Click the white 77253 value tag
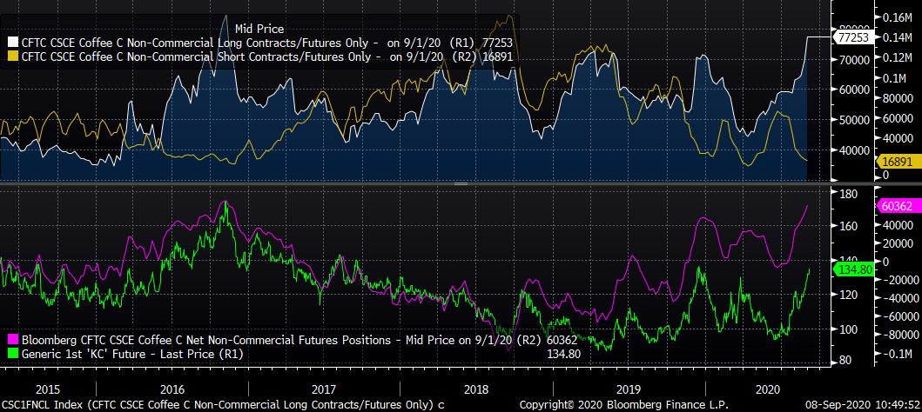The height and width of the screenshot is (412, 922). pos(852,37)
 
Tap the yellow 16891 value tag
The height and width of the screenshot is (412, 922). pos(852,161)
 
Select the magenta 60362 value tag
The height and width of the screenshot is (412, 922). pos(852,207)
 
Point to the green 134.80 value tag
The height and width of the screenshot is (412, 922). pos(852,269)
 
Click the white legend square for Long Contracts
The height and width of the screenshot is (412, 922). pos(12,42)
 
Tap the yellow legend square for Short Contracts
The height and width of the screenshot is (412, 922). pos(12,57)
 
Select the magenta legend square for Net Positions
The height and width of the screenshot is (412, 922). pos(12,339)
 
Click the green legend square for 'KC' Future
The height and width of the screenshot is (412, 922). pos(12,354)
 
